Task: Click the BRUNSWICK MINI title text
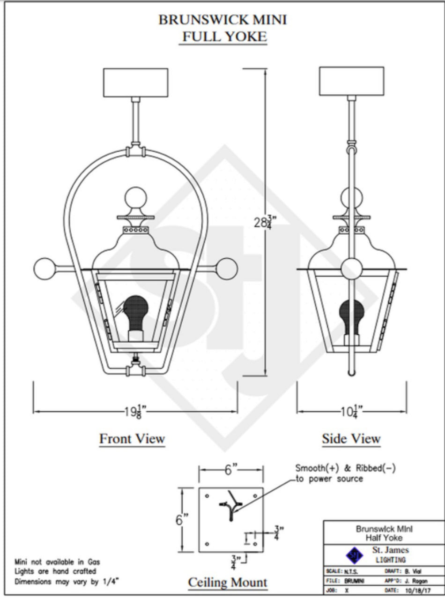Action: tap(222, 20)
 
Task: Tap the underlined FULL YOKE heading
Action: tap(222, 37)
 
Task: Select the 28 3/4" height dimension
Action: tap(263, 221)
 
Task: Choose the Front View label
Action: tap(132, 439)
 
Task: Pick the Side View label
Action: tap(351, 439)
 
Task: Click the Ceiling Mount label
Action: tap(228, 583)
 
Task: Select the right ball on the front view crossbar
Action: tap(226, 269)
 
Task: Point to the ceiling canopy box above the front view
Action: tap(135, 82)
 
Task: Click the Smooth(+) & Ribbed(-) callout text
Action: tap(345, 473)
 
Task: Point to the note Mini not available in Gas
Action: tap(57, 562)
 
